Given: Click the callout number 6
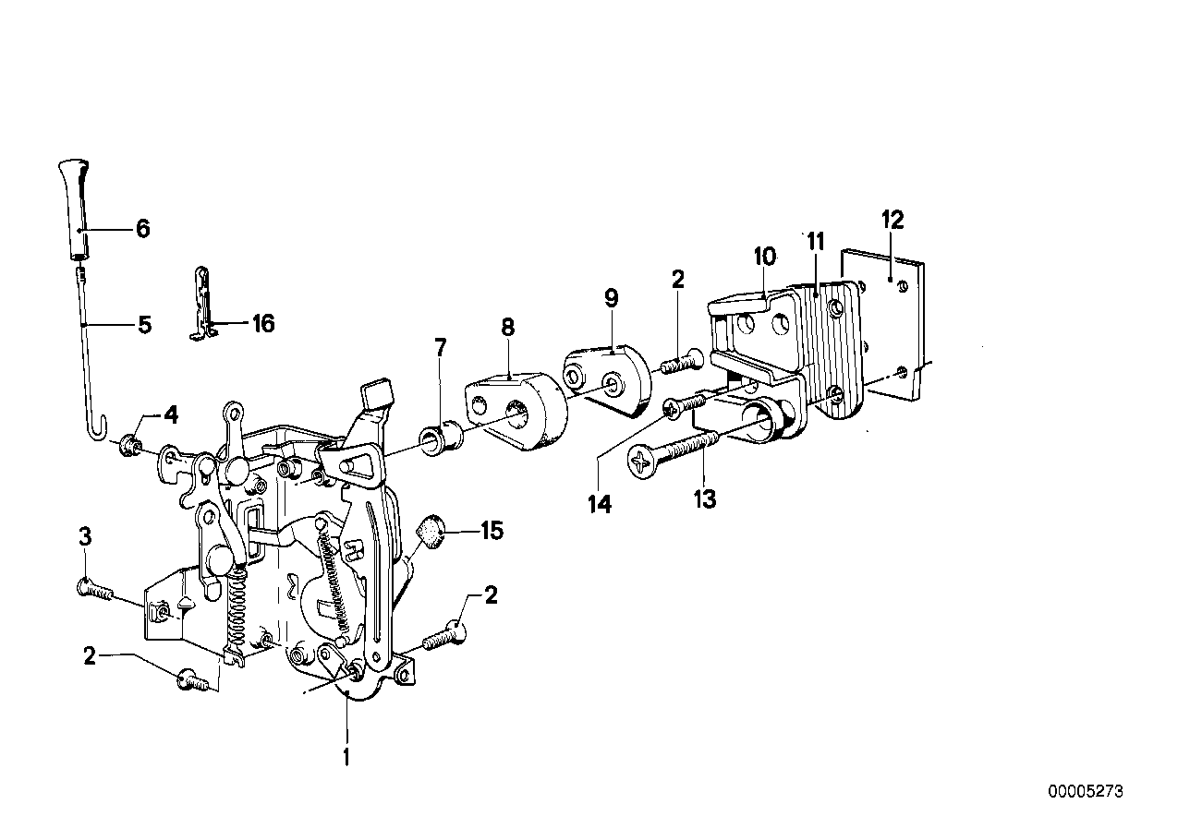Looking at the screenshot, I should [x=142, y=229].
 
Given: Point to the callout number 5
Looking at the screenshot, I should [x=144, y=325].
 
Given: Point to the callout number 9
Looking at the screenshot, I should [x=611, y=298].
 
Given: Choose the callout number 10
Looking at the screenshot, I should [x=767, y=255].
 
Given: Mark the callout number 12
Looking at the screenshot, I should [x=892, y=220].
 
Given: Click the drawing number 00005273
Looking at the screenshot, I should [x=1087, y=792].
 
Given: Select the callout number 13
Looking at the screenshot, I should [x=704, y=499].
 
